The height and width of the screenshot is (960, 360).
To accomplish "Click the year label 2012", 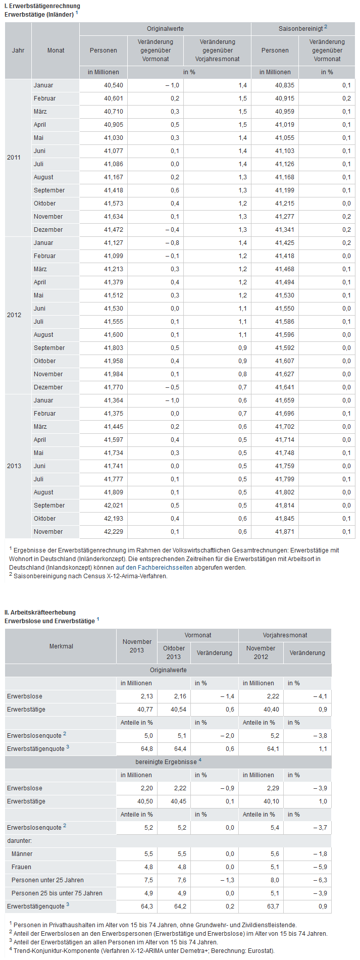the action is pyautogui.click(x=14, y=315).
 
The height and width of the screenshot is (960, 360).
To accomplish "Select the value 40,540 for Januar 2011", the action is pyautogui.click(x=114, y=85).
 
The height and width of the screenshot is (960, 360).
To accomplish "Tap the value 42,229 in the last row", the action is pyautogui.click(x=114, y=532).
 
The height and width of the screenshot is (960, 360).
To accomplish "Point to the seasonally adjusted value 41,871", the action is pyautogui.click(x=285, y=532).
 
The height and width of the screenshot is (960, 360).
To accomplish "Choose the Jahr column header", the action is pyautogui.click(x=18, y=50).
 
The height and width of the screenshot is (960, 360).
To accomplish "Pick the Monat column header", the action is pyautogui.click(x=56, y=50).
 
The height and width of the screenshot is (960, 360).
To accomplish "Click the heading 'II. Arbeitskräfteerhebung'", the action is pyautogui.click(x=40, y=613).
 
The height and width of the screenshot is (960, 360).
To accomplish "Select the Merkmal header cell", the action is pyautogui.click(x=61, y=646).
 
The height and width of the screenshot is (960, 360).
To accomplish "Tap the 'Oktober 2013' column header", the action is pyautogui.click(x=174, y=652).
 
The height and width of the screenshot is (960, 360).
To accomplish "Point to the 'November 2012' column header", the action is pyautogui.click(x=261, y=652).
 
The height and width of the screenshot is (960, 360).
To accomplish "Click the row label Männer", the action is pyautogui.click(x=22, y=854).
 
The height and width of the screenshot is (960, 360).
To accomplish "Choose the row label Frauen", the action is pyautogui.click(x=21, y=867).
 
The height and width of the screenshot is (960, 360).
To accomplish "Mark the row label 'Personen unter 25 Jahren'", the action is pyautogui.click(x=47, y=880).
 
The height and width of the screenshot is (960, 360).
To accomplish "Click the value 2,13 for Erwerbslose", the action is pyautogui.click(x=146, y=696).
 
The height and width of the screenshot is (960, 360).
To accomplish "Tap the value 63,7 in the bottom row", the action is pyautogui.click(x=273, y=906).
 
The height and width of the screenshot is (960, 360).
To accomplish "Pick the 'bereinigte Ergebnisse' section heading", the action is pyautogui.click(x=169, y=762).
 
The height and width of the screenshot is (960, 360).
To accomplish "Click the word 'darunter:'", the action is pyautogui.click(x=19, y=841).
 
